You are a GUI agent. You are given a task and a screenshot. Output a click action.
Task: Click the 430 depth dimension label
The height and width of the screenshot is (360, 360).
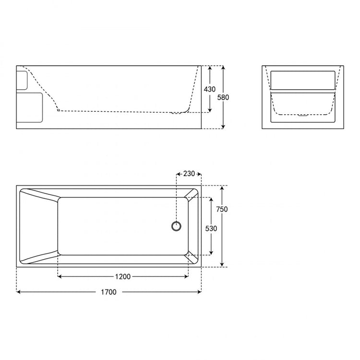(210, 89)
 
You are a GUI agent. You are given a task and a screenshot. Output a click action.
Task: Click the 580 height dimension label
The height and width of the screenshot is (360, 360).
(223, 97)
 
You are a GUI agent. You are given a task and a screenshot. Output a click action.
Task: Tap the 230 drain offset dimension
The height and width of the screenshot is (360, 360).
(189, 174)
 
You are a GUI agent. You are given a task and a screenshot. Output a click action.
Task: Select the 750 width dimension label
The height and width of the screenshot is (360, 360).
(222, 209)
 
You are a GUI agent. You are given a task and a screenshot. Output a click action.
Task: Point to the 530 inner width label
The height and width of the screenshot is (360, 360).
(211, 228)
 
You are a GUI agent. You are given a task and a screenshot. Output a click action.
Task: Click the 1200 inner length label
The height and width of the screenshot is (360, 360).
(123, 276)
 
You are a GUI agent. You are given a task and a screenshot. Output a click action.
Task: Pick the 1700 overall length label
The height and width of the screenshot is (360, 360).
(108, 292)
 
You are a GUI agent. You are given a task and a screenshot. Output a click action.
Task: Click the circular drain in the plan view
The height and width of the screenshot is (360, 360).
(176, 226)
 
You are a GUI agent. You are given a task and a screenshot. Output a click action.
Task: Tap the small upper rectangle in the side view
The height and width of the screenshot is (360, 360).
(22, 80)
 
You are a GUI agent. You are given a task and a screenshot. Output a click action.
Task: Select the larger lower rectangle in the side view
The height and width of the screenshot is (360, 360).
(29, 108)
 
